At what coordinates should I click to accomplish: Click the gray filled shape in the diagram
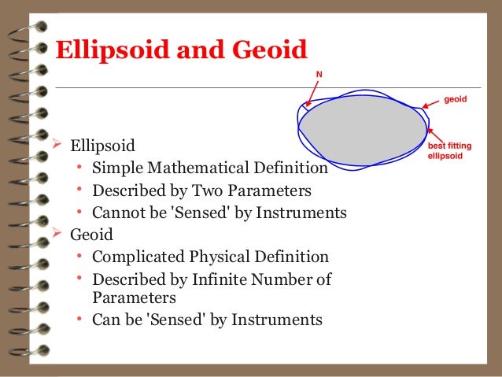(362, 130)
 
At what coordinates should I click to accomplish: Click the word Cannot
(118, 213)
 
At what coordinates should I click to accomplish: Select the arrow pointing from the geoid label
(429, 103)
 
